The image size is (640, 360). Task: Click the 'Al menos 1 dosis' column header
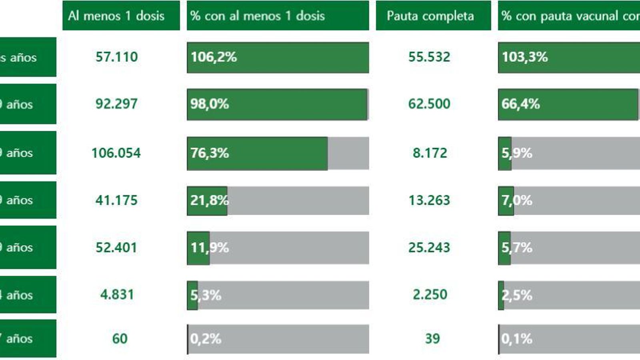(116, 16)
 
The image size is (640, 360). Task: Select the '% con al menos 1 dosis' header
(257, 16)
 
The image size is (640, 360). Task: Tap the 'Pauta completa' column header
(430, 16)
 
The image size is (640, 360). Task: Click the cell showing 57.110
(116, 57)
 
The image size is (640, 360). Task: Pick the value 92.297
(116, 104)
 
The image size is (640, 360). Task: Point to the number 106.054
(116, 153)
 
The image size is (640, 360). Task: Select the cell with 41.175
(116, 200)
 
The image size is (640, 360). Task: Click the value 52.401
(116, 248)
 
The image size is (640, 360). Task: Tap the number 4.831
(117, 295)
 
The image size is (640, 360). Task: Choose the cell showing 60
(120, 339)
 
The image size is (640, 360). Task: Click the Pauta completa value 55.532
(429, 57)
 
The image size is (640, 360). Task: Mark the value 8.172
(430, 153)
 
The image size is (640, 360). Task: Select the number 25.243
(429, 248)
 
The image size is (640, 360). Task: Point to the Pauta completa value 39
(432, 339)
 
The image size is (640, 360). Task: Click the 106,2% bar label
(214, 57)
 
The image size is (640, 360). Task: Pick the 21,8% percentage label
(209, 200)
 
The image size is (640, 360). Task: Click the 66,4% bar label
(520, 104)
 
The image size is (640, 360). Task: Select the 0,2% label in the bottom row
(206, 339)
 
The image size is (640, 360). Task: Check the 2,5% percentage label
(517, 295)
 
